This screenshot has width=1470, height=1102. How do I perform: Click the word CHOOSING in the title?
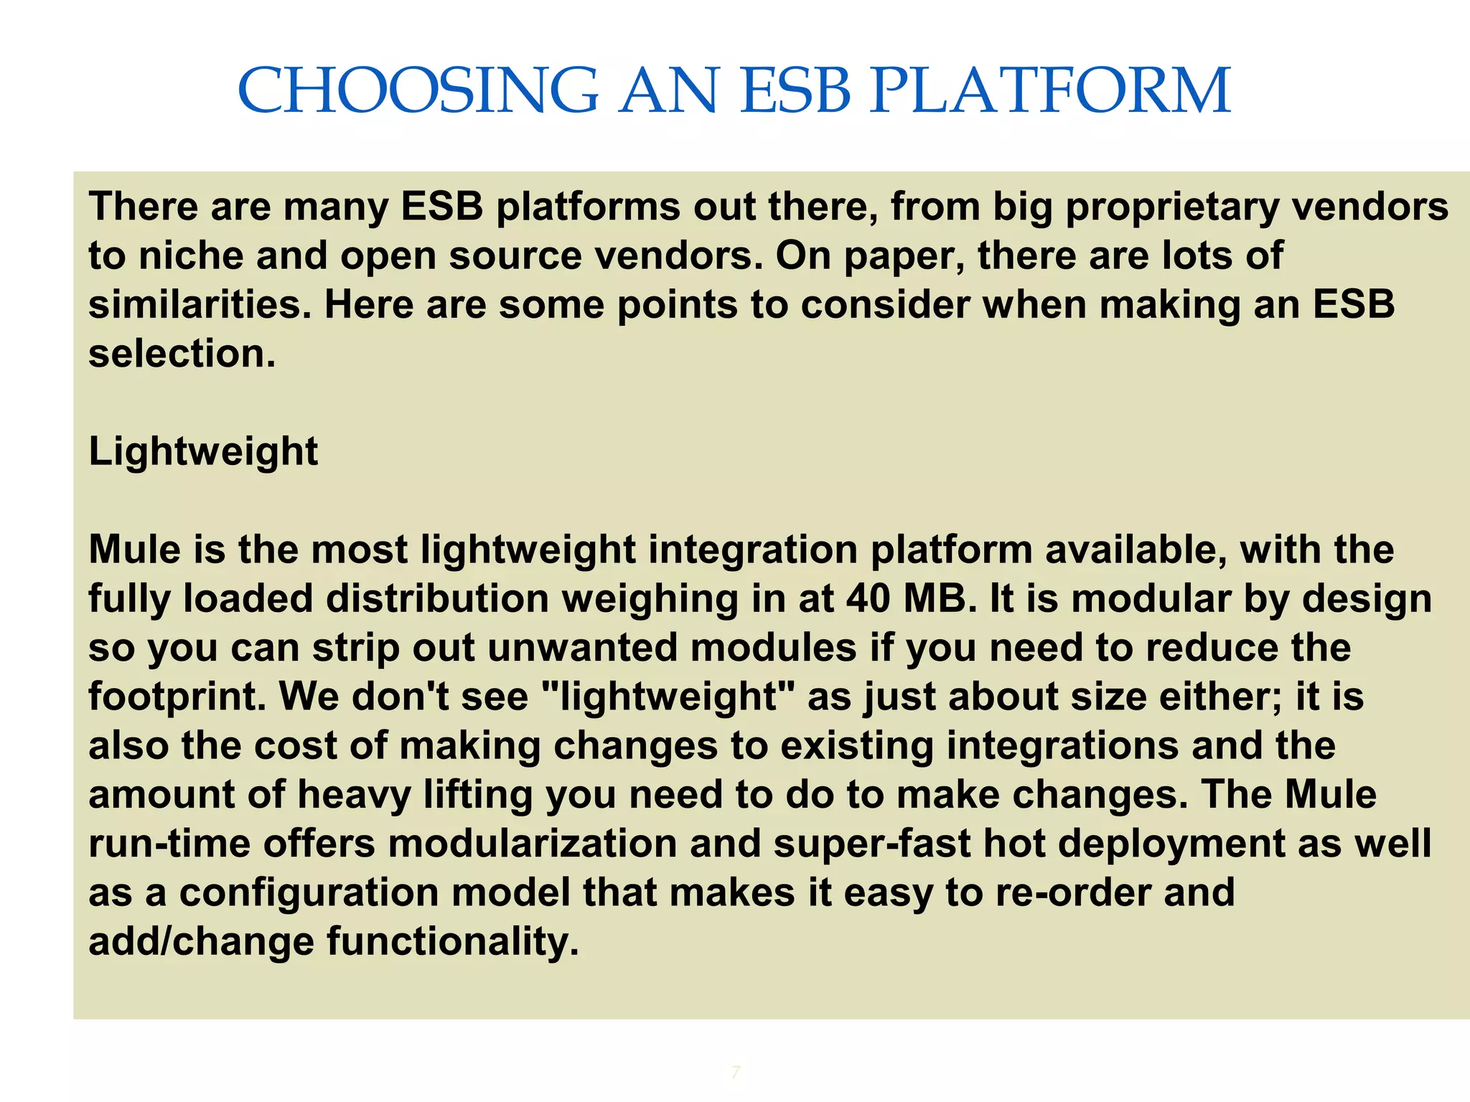[418, 91]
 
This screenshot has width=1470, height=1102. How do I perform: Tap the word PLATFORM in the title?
[1050, 91]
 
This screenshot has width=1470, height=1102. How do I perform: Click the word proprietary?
[1171, 208]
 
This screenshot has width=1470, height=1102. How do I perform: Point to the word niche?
[190, 256]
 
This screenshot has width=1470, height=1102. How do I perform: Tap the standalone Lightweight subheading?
[203, 452]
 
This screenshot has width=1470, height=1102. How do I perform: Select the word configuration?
[309, 893]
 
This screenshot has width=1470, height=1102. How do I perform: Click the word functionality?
[453, 941]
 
